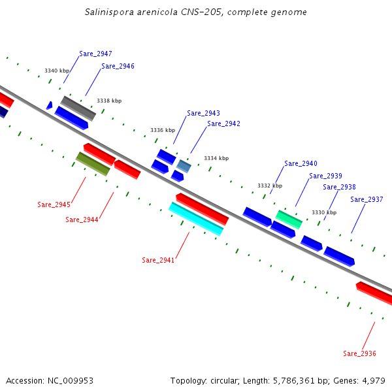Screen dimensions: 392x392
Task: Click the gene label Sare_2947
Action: point(95,54)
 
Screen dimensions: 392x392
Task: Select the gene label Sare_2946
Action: point(118,66)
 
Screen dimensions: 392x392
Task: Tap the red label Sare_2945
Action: point(54,204)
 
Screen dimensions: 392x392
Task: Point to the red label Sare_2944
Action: point(82,220)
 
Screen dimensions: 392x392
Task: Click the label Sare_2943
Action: point(203,113)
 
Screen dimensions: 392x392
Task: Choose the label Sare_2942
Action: point(223,123)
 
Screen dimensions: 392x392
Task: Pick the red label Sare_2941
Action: point(158,260)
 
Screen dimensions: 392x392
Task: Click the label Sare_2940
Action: point(301,163)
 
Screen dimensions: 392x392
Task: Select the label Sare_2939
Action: point(325,176)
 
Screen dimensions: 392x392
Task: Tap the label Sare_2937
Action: point(367,199)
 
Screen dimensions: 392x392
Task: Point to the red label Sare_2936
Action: point(359,353)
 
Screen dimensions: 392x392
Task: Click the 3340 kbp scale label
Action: point(57,71)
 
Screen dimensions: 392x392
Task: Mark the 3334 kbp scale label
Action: point(216,158)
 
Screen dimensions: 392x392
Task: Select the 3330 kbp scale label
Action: point(324,212)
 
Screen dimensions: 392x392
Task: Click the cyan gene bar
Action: point(196,218)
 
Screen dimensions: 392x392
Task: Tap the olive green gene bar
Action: point(93,164)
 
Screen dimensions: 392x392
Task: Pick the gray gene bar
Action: point(78,108)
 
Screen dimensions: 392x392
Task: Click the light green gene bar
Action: point(289,219)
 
